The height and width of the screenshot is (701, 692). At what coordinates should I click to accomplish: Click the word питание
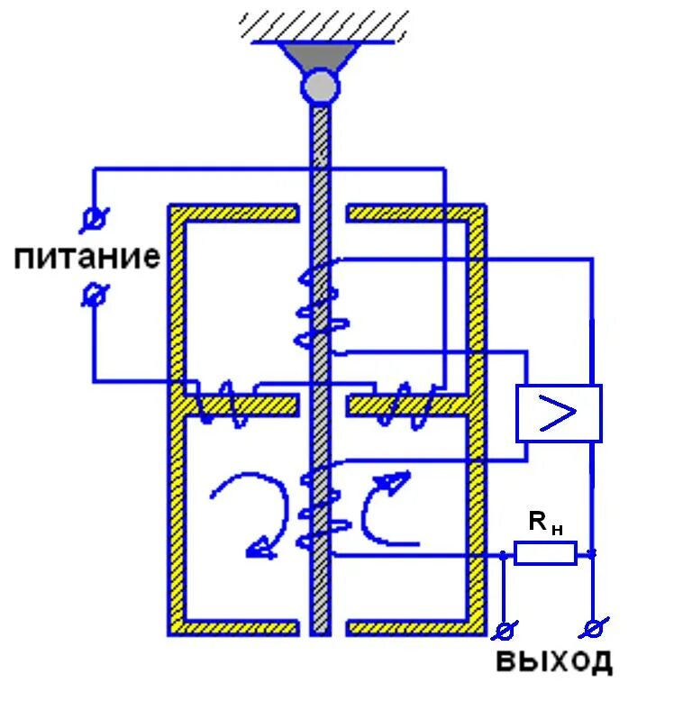[x=86, y=259]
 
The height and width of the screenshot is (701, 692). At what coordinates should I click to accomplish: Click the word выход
[x=554, y=661]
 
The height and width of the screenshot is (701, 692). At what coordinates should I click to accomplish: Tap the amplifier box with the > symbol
[x=559, y=413]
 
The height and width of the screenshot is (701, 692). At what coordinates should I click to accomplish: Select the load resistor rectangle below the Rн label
[x=545, y=552]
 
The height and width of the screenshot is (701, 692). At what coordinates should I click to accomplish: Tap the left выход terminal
[x=505, y=629]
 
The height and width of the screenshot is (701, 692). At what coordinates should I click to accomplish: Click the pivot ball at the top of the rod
[x=320, y=86]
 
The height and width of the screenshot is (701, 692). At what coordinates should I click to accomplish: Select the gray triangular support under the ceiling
[x=320, y=57]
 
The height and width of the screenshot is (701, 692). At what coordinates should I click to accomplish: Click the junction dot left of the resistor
[x=503, y=554]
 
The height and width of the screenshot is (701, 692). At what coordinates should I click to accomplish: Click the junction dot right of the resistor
[x=592, y=553]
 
